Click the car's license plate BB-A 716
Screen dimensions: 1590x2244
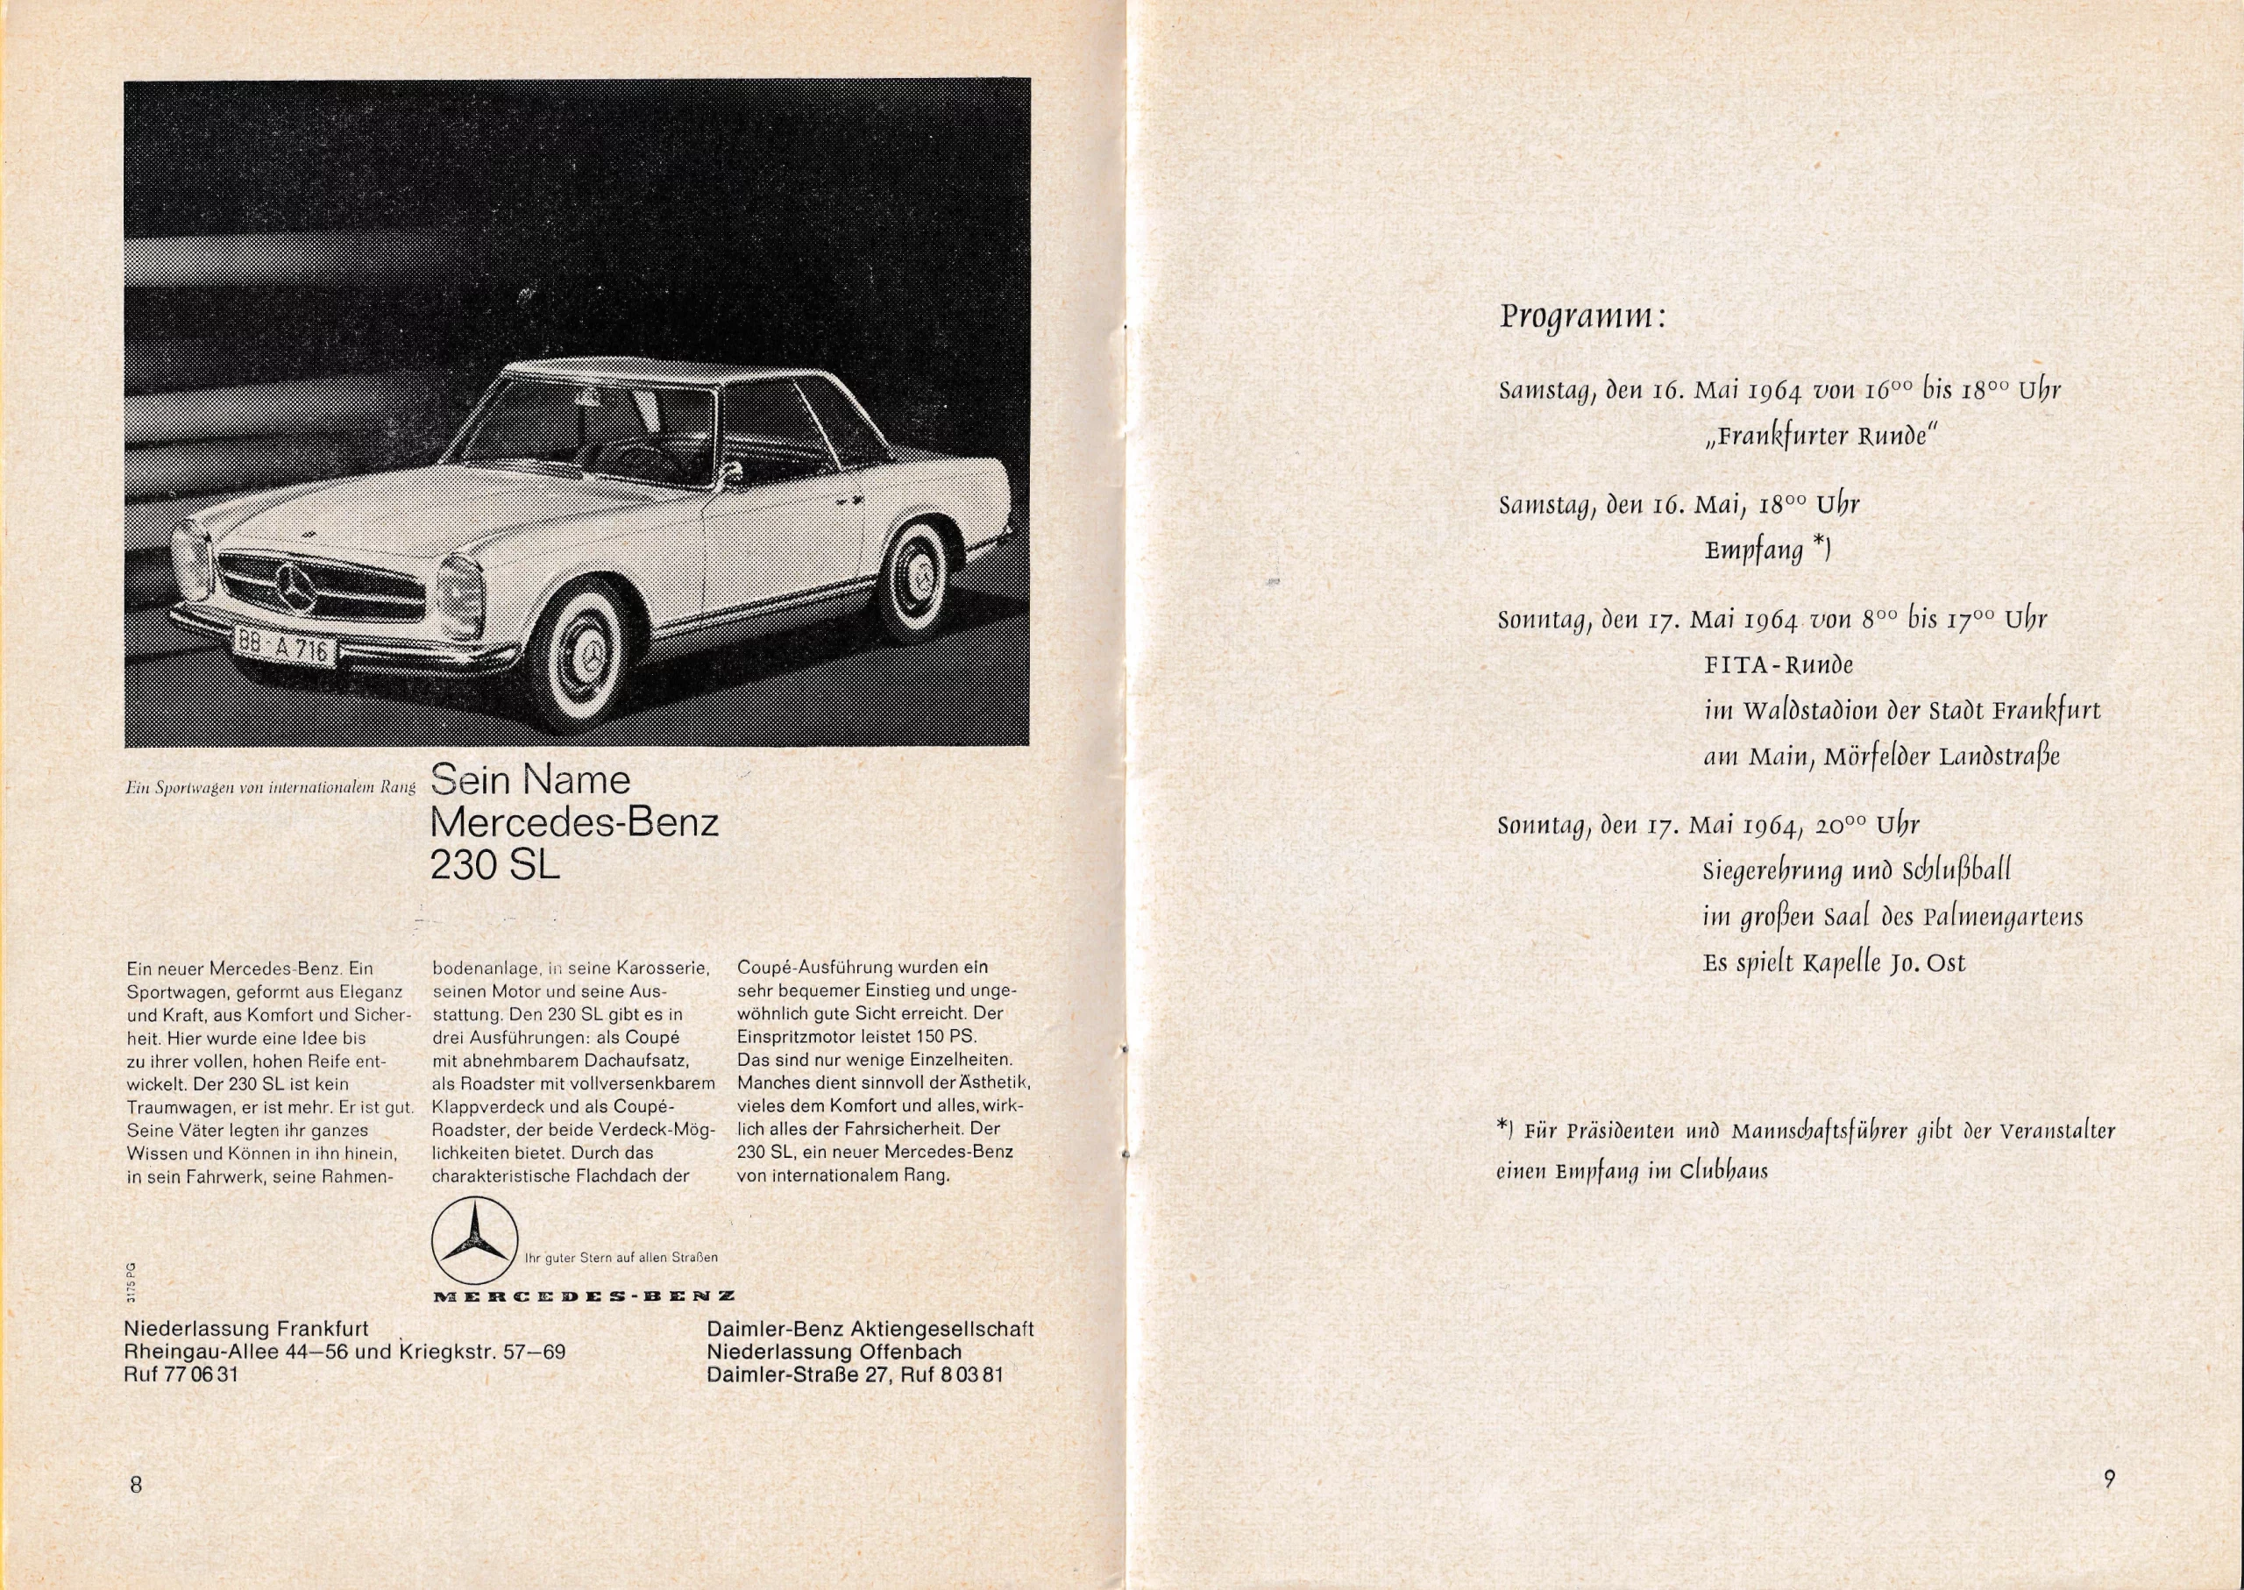pos(285,646)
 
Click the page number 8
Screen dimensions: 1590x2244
pos(136,1484)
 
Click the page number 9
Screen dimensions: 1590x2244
pos(2109,1478)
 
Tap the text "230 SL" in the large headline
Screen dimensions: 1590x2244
pos(495,863)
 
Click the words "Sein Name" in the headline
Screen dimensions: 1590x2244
pos(530,779)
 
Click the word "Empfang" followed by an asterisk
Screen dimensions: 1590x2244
pos(1755,550)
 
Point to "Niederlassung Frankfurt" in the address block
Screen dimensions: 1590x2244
pos(245,1329)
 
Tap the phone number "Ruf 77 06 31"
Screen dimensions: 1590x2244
pos(181,1374)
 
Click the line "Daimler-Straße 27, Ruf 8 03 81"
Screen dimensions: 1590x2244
pos(855,1374)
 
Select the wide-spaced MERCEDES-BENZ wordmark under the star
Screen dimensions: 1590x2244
pos(584,1295)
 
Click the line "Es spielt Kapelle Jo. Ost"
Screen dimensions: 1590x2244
pos(1834,963)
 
